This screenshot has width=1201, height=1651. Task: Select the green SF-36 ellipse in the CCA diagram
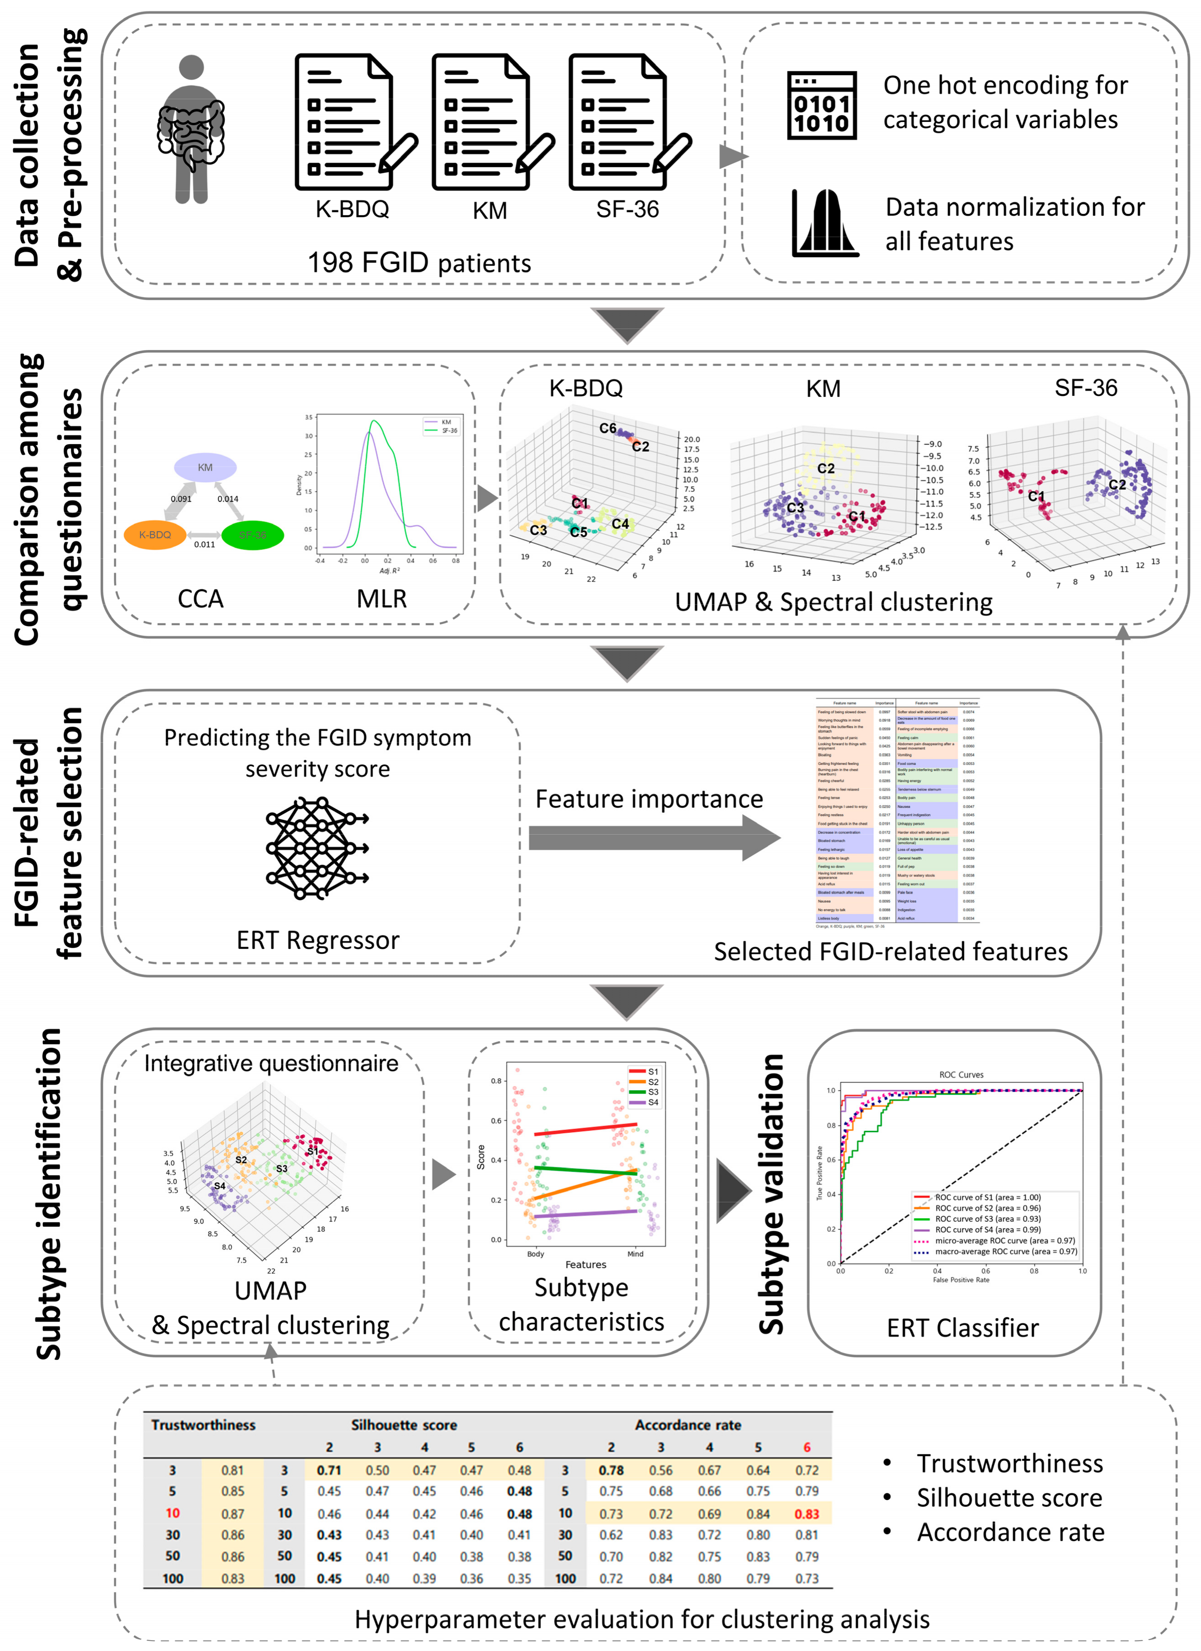[252, 535]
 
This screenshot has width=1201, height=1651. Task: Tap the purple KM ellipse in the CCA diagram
[205, 467]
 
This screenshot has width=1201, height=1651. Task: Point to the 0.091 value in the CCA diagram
[181, 499]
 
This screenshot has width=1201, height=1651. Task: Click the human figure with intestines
[191, 130]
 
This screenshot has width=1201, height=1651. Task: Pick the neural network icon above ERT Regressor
[318, 848]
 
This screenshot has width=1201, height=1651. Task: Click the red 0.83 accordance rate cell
[807, 1514]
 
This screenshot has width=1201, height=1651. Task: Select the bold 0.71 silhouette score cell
[329, 1470]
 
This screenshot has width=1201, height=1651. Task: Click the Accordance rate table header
[688, 1425]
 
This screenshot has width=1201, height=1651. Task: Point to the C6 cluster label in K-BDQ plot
[608, 428]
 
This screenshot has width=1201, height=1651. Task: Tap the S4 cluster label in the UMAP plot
[219, 1186]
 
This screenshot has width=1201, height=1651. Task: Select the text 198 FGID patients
[419, 263]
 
